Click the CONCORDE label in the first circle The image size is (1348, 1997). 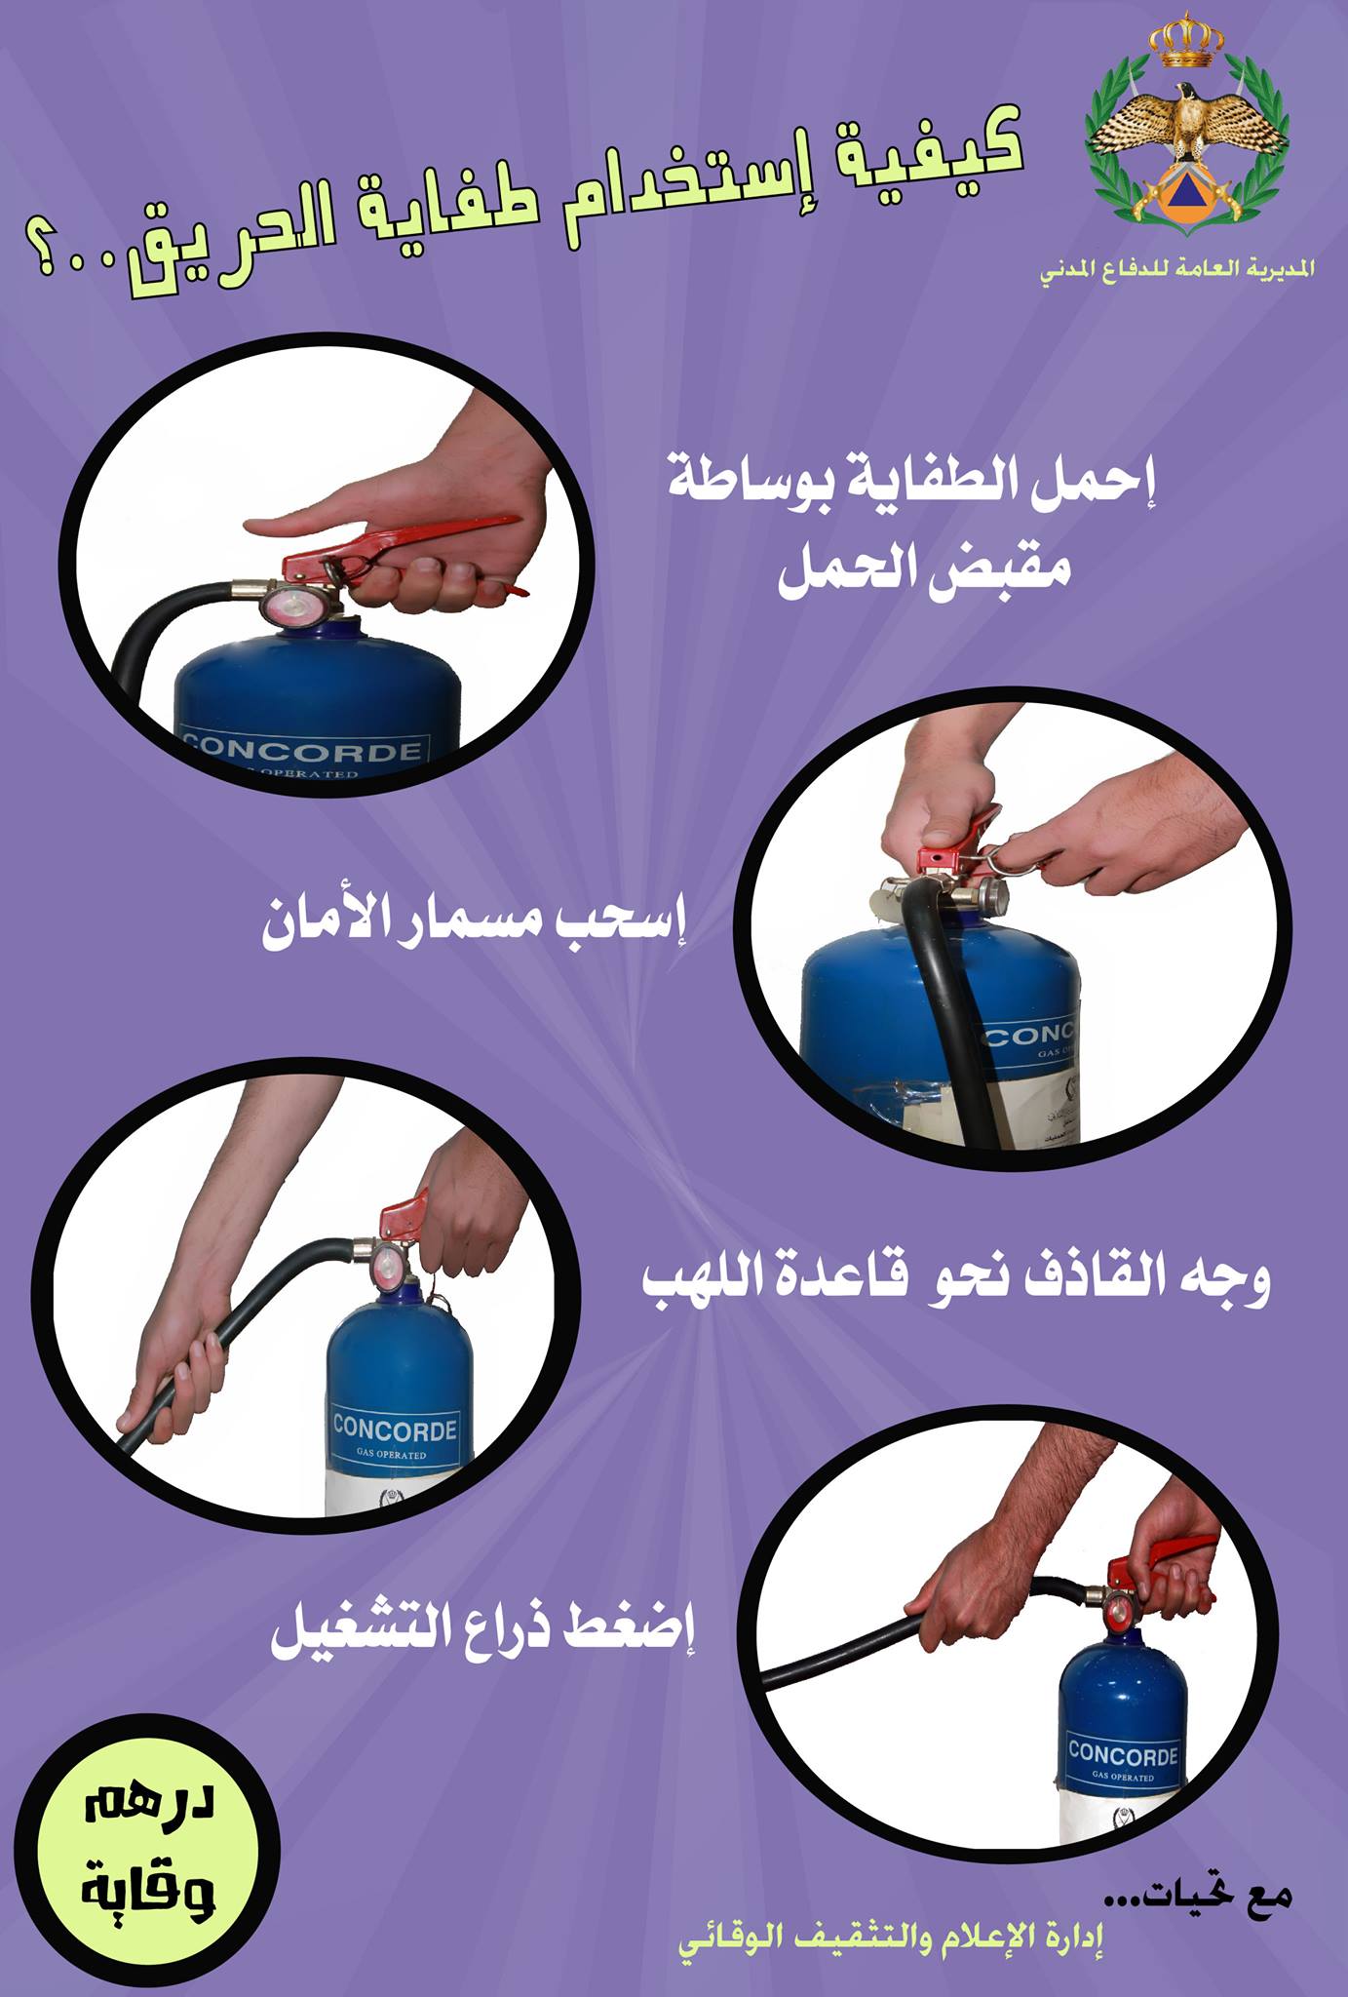point(303,749)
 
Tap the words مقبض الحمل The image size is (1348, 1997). point(924,568)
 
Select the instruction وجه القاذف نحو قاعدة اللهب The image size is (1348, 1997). point(956,1279)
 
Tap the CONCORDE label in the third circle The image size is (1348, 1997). point(394,1429)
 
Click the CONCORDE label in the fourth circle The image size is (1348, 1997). point(1123,1753)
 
